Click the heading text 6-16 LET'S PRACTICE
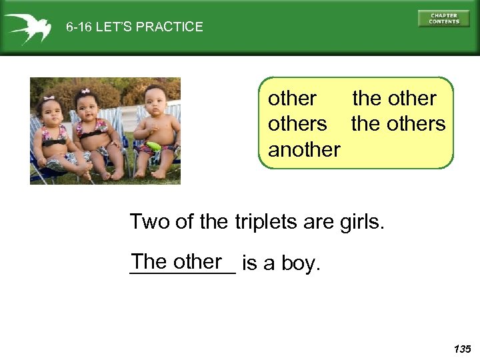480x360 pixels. point(134,27)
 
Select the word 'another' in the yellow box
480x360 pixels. point(304,149)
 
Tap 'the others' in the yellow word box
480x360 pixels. point(398,124)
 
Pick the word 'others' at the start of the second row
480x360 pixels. point(297,124)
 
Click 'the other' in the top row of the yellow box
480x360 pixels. point(394,99)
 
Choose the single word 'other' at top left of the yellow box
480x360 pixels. point(292,99)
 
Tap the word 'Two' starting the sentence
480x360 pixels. point(150,221)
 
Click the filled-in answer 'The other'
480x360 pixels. point(177,262)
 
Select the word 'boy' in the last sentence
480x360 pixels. point(300,264)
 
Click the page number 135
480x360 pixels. point(461,349)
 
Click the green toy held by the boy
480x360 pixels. point(154,147)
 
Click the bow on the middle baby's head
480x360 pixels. point(85,91)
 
